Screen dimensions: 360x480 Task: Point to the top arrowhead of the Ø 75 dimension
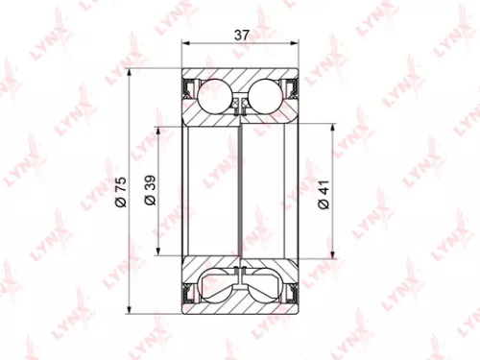click(x=129, y=75)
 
